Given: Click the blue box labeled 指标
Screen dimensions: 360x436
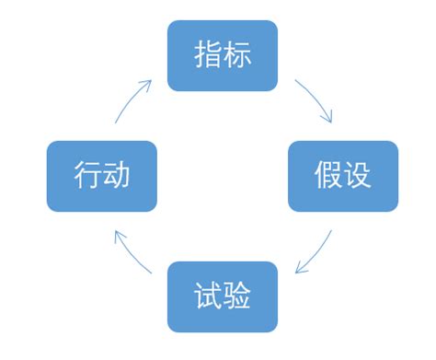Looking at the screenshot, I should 222,55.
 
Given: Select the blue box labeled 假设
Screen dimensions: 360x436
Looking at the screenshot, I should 343,176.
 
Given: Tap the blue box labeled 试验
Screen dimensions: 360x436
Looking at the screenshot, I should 222,296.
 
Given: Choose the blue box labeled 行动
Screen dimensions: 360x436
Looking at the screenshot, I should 101,176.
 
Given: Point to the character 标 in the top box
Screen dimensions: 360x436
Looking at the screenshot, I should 237,55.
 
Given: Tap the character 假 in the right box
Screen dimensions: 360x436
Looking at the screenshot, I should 327,176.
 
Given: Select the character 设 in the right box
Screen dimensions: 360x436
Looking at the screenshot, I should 359,176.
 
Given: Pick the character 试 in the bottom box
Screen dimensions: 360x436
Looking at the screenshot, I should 206,296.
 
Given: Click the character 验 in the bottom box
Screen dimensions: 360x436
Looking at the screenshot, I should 237,296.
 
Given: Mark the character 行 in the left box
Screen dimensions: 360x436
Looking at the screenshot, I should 86,176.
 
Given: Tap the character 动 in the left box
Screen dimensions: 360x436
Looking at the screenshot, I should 117,176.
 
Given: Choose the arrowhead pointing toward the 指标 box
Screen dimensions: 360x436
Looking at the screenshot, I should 147,83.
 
